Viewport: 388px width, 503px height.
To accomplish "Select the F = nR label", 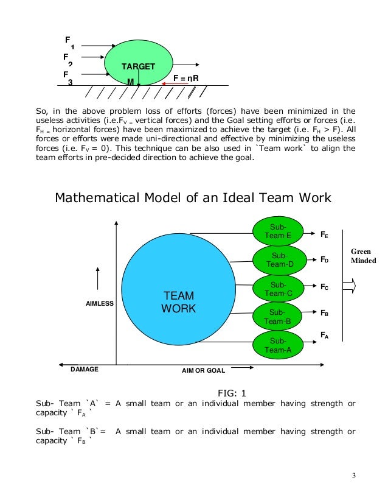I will tap(186, 79).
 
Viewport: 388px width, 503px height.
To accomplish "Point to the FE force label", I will tap(325, 233).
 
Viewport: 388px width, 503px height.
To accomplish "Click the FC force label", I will tap(325, 287).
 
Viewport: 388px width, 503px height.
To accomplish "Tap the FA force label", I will tap(325, 334).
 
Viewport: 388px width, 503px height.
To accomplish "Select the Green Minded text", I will tap(363, 256).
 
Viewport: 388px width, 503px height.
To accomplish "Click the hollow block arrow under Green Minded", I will tap(349, 286).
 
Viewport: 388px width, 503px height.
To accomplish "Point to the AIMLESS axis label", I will tap(98, 303).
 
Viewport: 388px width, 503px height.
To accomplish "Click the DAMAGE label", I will tap(85, 370).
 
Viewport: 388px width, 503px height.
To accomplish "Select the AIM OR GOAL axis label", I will tap(203, 370).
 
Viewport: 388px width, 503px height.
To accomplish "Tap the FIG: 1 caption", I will tap(234, 393).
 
